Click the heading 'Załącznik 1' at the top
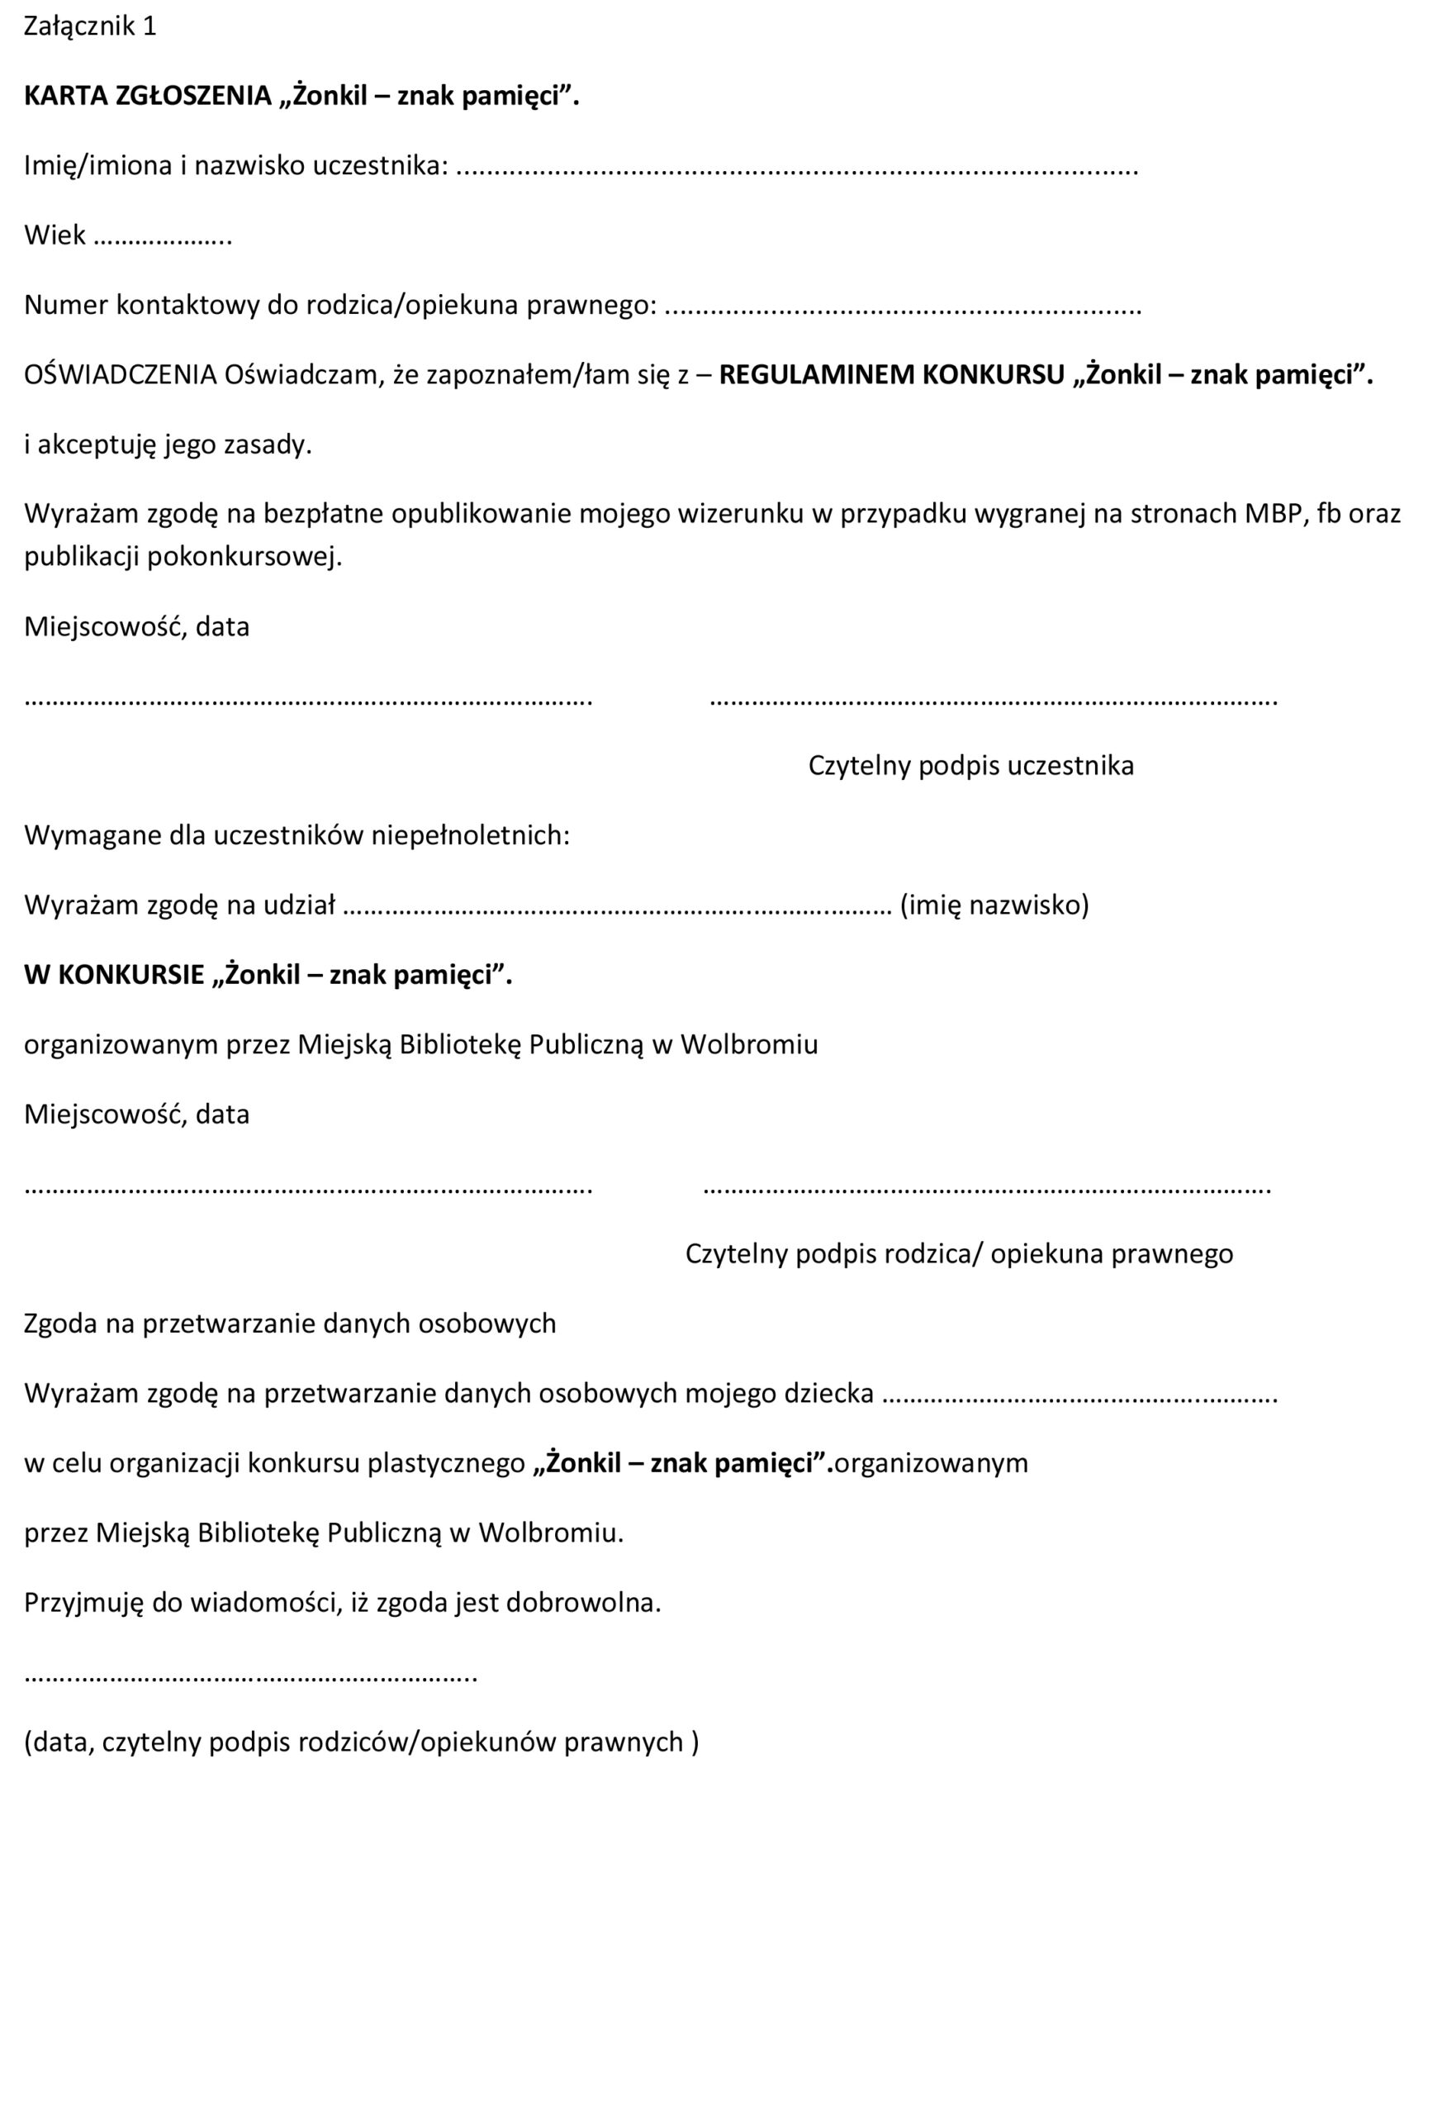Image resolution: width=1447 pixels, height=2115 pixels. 90,26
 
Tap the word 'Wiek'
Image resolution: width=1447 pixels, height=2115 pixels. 55,235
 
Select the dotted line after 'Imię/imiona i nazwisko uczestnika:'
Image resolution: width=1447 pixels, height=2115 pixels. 796,169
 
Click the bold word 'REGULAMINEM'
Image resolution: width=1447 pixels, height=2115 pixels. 815,375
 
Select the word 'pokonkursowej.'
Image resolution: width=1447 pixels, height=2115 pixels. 244,557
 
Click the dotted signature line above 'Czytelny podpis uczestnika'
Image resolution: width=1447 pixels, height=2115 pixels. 993,701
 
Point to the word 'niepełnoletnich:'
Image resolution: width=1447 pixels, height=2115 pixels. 471,835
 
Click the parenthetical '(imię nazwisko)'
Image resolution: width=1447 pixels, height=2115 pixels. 994,905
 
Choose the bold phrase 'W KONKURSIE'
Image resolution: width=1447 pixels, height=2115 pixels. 114,975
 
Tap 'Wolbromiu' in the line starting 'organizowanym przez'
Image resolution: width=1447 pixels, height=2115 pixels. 749,1045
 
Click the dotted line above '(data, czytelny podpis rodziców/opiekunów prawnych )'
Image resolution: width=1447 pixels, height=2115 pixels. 250,1675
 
